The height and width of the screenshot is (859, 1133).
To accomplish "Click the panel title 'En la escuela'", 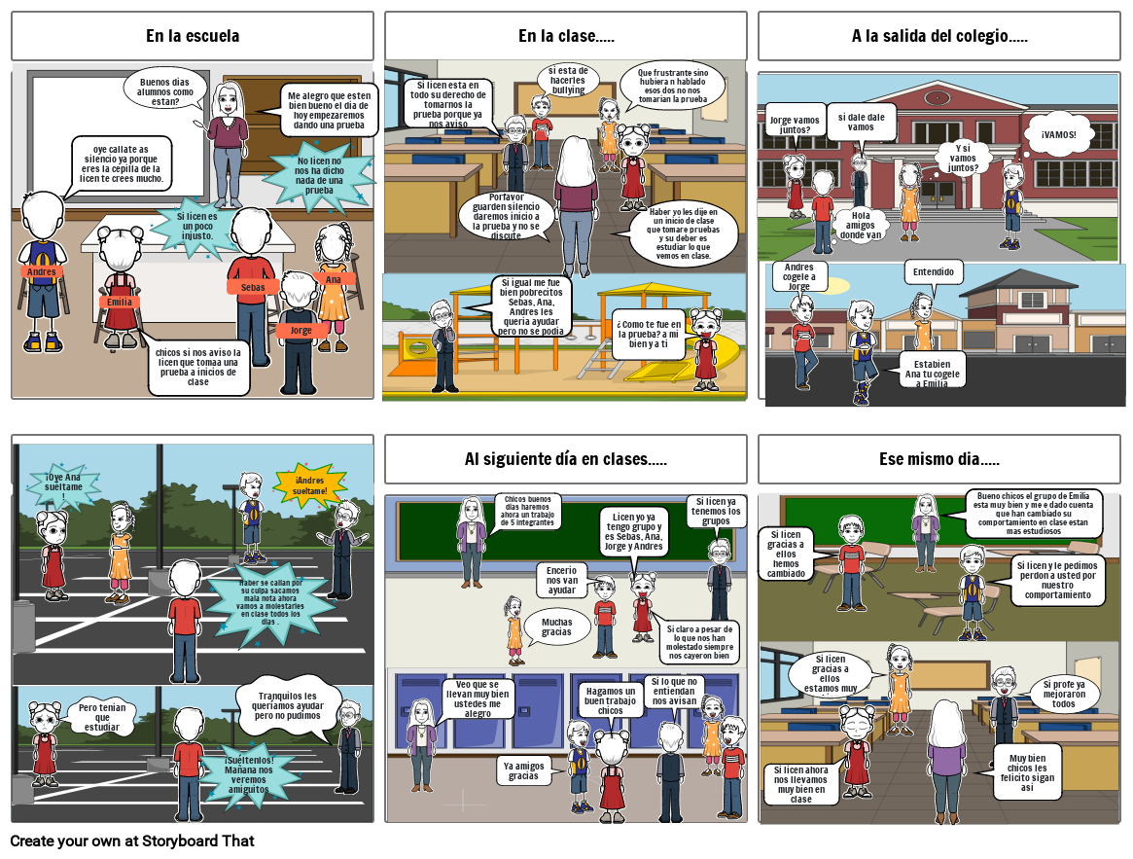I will coord(193,37).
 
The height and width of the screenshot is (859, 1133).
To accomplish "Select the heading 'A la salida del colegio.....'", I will coord(939,37).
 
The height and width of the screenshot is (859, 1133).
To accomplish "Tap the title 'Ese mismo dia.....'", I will coord(939,459).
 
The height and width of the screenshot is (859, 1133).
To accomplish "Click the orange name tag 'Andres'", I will coord(42,271).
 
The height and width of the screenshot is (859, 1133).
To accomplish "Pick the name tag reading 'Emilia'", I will coord(120,303).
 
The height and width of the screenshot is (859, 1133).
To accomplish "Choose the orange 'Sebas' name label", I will coord(253,287).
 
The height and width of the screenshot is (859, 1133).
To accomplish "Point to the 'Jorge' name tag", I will coord(301,330).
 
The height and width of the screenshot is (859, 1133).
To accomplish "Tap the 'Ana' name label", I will coord(334,280).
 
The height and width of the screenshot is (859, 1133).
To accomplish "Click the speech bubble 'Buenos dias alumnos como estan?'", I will coord(165,89).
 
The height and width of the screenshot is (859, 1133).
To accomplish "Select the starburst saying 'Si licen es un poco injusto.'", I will coord(197,225).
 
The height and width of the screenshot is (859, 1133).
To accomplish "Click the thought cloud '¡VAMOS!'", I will coord(1058,135).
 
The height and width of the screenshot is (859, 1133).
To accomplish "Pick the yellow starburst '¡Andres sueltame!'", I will coord(310,484).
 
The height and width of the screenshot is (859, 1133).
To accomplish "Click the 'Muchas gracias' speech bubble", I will coord(557,626).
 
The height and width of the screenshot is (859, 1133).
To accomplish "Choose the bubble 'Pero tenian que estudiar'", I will coord(102,717).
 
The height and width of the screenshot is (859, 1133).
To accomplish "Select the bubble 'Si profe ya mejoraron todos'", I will coord(1063,694).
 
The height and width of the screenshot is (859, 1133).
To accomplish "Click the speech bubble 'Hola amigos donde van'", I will coord(861,225).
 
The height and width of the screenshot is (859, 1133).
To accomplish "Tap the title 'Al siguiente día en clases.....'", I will coord(566,459).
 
